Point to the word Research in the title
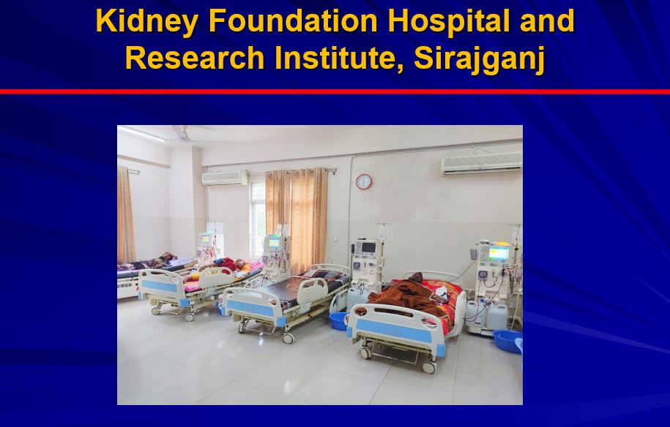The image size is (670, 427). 195,58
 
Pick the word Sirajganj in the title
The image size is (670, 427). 480,59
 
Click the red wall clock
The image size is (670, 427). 364,182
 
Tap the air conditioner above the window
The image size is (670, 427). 225,178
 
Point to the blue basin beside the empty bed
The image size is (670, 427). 339,321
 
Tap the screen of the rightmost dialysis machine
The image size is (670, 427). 499,254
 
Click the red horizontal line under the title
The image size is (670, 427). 335,91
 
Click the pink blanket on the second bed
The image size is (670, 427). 222,277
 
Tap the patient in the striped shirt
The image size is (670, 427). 147,262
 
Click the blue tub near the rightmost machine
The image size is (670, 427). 508,341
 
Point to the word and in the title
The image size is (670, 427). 547,20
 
